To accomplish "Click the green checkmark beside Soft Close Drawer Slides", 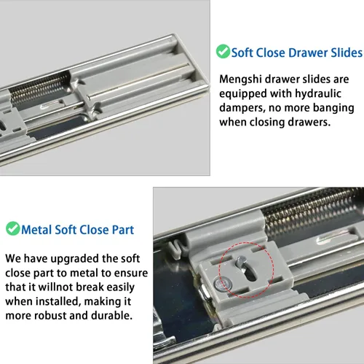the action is [223, 51].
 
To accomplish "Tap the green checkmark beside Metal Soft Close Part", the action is [12, 228].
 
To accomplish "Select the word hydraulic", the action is [318, 94].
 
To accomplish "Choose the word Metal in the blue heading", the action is [36, 230].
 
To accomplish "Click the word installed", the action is [58, 301].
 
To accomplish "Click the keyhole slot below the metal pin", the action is [250, 274].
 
